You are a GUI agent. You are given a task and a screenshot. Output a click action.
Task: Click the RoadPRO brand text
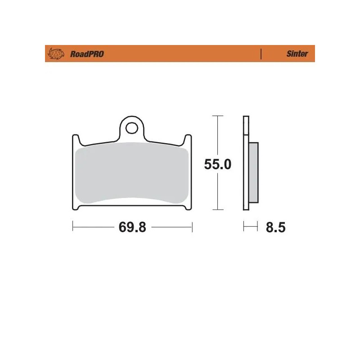pos(87,54)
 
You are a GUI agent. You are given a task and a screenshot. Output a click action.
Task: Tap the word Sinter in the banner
pos(297,54)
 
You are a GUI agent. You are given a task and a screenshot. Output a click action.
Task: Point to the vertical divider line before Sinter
pos(261,54)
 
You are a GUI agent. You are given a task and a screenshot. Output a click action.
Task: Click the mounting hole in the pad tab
pos(131,128)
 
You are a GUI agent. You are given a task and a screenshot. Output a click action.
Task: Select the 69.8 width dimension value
pos(132,227)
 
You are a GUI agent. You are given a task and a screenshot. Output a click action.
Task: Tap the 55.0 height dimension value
pos(218,165)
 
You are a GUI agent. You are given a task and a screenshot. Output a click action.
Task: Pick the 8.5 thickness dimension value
pos(275,227)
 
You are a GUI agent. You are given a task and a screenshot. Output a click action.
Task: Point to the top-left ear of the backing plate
pos(76,139)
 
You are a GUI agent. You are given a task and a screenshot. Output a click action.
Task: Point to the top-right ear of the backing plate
pos(188,139)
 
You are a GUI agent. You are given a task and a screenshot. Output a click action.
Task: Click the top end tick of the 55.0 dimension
pos(218,116)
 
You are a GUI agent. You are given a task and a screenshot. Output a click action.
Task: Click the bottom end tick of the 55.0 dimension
pos(218,210)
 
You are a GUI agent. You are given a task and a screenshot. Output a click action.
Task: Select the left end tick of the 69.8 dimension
pos(73,227)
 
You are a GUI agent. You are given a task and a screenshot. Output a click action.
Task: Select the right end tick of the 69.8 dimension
pos(192,227)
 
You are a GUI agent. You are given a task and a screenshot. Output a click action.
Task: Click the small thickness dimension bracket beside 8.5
pos(250,227)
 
